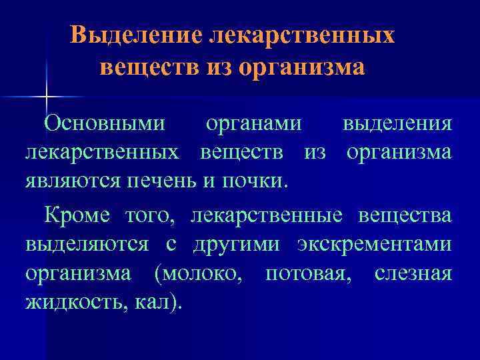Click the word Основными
coord(105,123)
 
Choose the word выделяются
coord(87,245)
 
